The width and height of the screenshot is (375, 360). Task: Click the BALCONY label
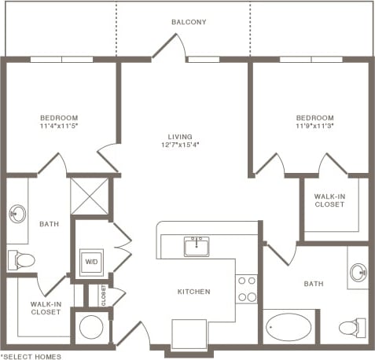point(189,22)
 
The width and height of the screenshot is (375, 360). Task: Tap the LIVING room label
point(186,136)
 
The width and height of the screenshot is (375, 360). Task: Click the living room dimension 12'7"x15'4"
point(186,145)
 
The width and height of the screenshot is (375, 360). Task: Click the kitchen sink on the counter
point(196,246)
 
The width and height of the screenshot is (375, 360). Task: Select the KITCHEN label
point(193,292)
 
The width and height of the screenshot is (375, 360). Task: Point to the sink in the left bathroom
point(17,213)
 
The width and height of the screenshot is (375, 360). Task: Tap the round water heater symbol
point(90,326)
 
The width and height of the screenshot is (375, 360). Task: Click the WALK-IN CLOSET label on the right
point(329,200)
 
